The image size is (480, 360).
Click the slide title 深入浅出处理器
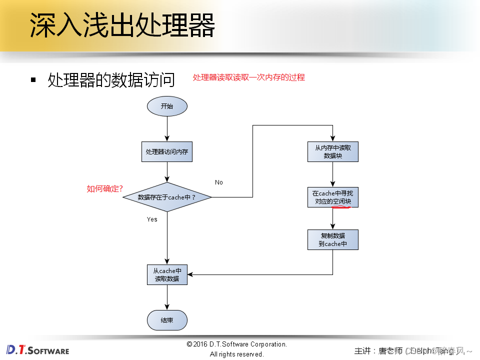point(122,25)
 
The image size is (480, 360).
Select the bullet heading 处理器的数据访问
point(111,79)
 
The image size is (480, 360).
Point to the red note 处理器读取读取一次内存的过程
point(248,77)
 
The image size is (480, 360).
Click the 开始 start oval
point(167,106)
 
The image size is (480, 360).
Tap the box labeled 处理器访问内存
point(167,151)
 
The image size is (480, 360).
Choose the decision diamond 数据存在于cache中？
point(167,197)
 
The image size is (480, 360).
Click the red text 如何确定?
point(105,188)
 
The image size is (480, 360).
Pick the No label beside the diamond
point(219,182)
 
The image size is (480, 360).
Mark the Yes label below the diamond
point(152,219)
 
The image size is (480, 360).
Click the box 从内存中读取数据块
point(333,151)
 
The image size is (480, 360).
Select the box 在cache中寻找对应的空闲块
point(333,197)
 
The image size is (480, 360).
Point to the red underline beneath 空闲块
point(341,207)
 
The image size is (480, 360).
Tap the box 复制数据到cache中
point(333,239)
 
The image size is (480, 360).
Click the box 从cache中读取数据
point(167,274)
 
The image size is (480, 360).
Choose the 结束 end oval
point(167,320)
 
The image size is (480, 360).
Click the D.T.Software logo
point(38,349)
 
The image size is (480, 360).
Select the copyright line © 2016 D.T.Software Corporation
point(236,344)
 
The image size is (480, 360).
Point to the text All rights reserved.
point(236,354)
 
